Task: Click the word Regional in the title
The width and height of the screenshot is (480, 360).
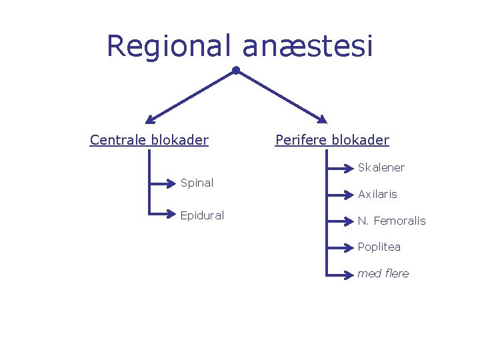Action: pyautogui.click(x=169, y=47)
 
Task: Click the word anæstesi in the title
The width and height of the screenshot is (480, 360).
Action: pyautogui.click(x=307, y=47)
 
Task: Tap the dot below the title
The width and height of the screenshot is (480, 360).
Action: pyautogui.click(x=236, y=70)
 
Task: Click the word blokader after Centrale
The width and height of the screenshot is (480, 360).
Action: pyautogui.click(x=180, y=140)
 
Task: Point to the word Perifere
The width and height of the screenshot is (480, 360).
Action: pyautogui.click(x=301, y=140)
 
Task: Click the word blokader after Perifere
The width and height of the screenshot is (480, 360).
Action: pyautogui.click(x=361, y=140)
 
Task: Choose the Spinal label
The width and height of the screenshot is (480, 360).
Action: pyautogui.click(x=197, y=183)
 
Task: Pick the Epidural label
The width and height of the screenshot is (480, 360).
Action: pyautogui.click(x=202, y=215)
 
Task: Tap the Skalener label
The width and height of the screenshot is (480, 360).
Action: pyautogui.click(x=381, y=167)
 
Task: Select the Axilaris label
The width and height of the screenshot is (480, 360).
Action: pyautogui.click(x=377, y=195)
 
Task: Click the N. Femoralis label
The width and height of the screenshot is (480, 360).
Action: pyautogui.click(x=391, y=221)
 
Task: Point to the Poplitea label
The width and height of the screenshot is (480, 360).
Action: pyautogui.click(x=379, y=247)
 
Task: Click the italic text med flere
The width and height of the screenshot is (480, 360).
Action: pyautogui.click(x=383, y=273)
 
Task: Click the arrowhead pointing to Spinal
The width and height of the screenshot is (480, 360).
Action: pyautogui.click(x=171, y=183)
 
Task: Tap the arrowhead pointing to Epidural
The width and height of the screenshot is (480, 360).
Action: pyautogui.click(x=171, y=215)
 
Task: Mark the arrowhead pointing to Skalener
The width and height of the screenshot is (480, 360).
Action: pyautogui.click(x=348, y=167)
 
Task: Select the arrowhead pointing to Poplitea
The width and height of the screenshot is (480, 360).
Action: pyautogui.click(x=348, y=247)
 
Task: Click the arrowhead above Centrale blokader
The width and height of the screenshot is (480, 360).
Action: pyautogui.click(x=150, y=121)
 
